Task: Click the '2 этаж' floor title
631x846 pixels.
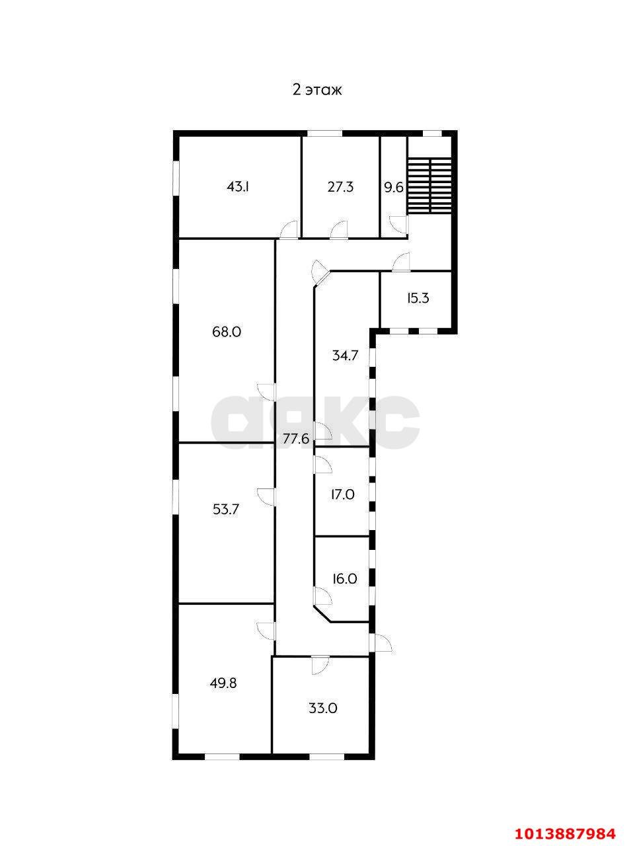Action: (x=316, y=90)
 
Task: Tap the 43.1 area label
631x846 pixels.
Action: (x=238, y=187)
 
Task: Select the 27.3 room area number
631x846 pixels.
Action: (x=340, y=187)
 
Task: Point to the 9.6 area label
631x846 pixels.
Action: (x=394, y=188)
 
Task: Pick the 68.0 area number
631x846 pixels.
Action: (x=227, y=332)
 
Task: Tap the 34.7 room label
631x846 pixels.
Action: (x=345, y=356)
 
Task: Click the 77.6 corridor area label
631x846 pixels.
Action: (x=296, y=439)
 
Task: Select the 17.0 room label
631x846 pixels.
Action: (x=342, y=494)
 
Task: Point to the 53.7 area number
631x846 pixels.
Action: (x=226, y=510)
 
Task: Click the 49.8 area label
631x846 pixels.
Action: (x=223, y=683)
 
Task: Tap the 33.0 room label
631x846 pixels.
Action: (x=323, y=709)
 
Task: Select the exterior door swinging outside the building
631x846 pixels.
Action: (x=382, y=642)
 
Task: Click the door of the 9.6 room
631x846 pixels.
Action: (x=398, y=225)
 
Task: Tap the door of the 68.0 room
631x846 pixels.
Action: (x=266, y=393)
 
